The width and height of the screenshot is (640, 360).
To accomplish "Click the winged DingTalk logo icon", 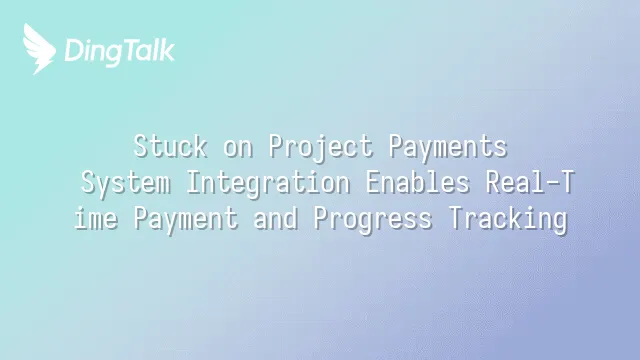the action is (39, 49).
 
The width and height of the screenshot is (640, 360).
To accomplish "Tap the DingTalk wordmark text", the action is (120, 52).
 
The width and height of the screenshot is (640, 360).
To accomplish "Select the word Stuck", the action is (170, 146).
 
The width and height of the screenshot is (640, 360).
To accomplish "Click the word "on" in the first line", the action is (238, 148).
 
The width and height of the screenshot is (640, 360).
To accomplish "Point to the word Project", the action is (321, 147).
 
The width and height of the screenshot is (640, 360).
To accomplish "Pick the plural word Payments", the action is (448, 147).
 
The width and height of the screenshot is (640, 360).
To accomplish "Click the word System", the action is (125, 183).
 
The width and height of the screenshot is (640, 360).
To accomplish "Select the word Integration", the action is (268, 183).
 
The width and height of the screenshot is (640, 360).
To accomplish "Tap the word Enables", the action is (418, 182).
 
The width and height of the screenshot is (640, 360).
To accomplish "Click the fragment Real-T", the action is (530, 182).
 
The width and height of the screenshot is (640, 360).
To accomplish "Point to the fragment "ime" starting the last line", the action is (96, 218).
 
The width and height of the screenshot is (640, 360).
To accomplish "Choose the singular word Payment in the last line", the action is (186, 219).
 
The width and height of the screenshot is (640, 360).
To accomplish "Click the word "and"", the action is (275, 218).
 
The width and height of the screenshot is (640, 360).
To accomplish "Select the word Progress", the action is (373, 219).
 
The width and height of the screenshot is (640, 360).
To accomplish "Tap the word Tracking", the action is (508, 219).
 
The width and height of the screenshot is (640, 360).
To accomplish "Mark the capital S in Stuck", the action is (140, 146).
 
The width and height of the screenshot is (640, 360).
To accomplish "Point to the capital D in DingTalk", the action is (73, 50).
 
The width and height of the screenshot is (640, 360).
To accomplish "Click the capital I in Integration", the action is (193, 182).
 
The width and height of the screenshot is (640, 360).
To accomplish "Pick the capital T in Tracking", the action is (456, 218).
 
